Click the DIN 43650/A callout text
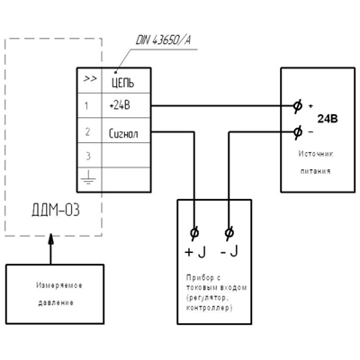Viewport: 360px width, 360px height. (163, 40)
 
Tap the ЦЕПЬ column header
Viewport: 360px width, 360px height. (122, 83)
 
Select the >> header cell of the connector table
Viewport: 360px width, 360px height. (90, 79)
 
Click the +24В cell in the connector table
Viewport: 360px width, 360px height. (120, 105)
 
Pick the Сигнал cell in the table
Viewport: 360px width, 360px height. (123, 133)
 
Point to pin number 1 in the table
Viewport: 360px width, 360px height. (86, 106)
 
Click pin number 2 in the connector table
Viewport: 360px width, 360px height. (87, 131)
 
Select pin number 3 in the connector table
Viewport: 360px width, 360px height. (88, 157)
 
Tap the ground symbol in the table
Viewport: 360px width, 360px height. (88, 177)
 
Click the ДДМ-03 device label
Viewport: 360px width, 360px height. (56, 211)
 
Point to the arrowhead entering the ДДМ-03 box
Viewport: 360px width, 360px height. (51, 239)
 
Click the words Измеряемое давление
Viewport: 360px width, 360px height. (58, 294)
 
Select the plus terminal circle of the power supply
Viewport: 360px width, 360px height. (297, 105)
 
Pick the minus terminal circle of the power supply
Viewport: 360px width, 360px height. (297, 131)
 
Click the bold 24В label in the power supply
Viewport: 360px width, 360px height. (328, 119)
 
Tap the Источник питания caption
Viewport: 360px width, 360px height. (316, 162)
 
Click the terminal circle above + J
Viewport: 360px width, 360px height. (194, 233)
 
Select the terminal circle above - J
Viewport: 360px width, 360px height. (229, 233)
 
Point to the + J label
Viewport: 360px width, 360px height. (195, 252)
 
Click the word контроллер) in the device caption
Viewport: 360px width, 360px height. (209, 308)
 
